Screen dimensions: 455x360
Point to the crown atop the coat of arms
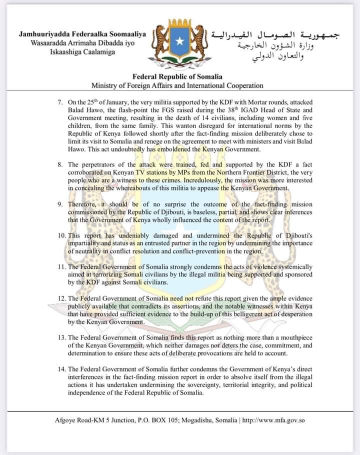[x=179, y=23]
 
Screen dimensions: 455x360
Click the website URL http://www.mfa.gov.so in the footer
[x=273, y=420]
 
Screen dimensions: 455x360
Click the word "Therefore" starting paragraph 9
[x=85, y=204]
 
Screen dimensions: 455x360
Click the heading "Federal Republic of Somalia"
[x=177, y=77]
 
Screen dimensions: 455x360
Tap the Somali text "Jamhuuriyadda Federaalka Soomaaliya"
[x=82, y=34]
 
